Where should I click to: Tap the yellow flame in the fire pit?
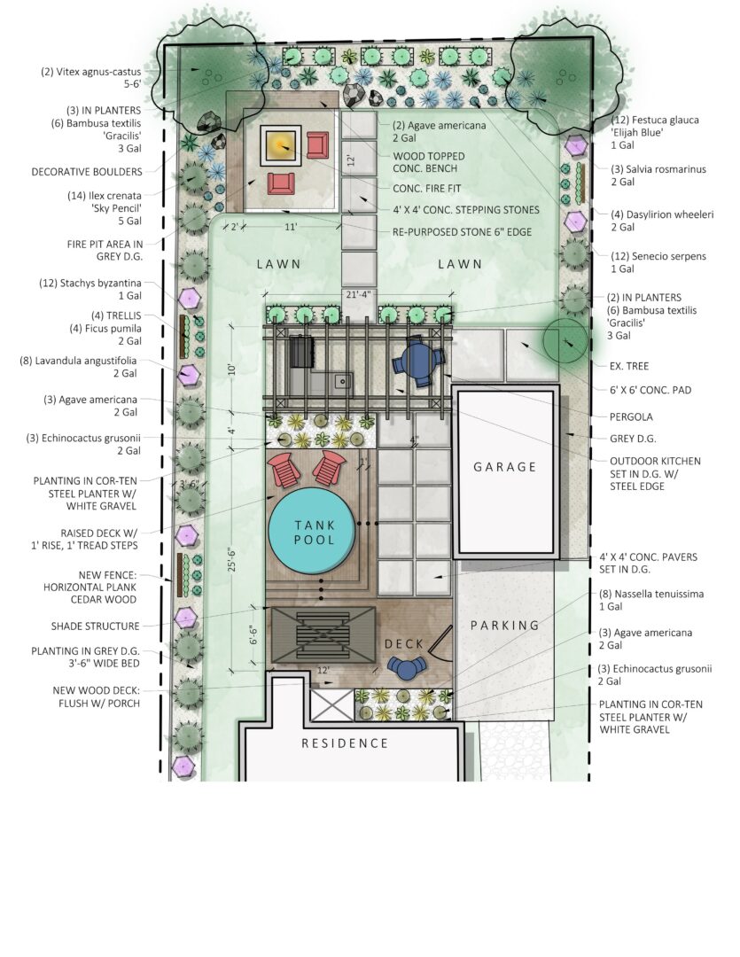pos(281,145)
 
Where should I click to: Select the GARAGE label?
pos(504,467)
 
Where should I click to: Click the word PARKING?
pos(504,625)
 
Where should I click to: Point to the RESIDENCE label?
pos(345,743)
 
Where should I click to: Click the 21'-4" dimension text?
pos(358,294)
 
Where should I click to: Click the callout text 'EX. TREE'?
pos(629,366)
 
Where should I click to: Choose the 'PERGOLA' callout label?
pos(631,416)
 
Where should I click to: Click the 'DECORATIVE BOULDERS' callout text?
pos(87,172)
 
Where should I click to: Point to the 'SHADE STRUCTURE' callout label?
pos(95,626)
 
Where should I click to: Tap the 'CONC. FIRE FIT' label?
pos(427,189)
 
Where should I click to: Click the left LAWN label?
pos(278,264)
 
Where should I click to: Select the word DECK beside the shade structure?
pos(403,644)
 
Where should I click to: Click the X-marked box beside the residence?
pos(332,704)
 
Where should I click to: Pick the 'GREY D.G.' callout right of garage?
pos(633,439)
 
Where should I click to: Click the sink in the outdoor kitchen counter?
pos(343,382)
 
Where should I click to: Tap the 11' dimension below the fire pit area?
pos(291,227)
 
